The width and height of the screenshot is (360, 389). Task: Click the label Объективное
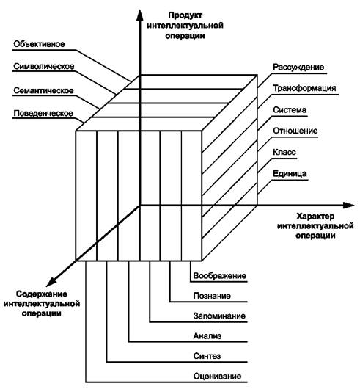pyautogui.click(x=39, y=44)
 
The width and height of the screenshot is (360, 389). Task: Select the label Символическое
pyautogui.click(x=43, y=66)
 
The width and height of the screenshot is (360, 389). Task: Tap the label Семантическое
pyautogui.click(x=43, y=90)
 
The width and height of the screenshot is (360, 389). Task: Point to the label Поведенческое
pyautogui.click(x=43, y=113)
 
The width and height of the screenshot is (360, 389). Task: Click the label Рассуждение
pyautogui.click(x=298, y=68)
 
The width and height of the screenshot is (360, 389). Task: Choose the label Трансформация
pyautogui.click(x=304, y=88)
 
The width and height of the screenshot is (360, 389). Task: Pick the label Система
pyautogui.click(x=290, y=109)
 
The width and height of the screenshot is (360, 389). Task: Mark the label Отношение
pyautogui.click(x=295, y=131)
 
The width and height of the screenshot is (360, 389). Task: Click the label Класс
pyautogui.click(x=284, y=152)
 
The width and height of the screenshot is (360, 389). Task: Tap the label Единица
pyautogui.click(x=290, y=174)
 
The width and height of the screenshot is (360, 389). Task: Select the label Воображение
pyautogui.click(x=220, y=276)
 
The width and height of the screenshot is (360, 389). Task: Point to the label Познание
pyautogui.click(x=212, y=296)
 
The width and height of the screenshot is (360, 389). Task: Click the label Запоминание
pyautogui.click(x=219, y=316)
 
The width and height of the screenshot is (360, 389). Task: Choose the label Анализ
pyautogui.click(x=207, y=336)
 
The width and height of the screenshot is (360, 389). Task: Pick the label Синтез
pyautogui.click(x=207, y=356)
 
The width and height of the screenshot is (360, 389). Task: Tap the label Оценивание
pyautogui.click(x=217, y=376)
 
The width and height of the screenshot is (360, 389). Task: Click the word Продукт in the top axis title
pyautogui.click(x=185, y=15)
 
